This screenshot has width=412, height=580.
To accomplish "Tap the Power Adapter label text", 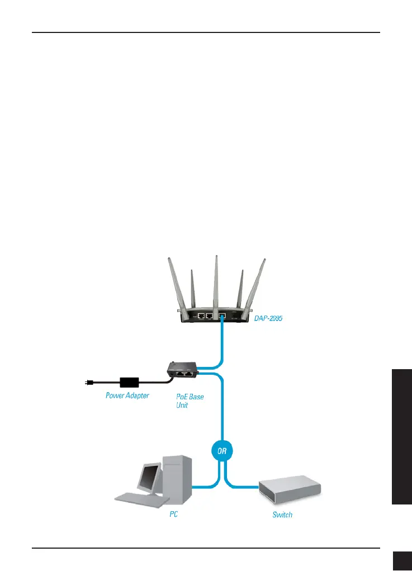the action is (x=127, y=395).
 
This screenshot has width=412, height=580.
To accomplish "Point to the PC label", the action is (x=174, y=514).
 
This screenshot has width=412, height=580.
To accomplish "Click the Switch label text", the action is (x=282, y=514).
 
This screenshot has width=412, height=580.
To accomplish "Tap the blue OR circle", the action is (x=223, y=451).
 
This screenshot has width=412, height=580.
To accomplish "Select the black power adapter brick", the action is (x=130, y=383).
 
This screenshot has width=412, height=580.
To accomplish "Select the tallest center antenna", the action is (x=216, y=280).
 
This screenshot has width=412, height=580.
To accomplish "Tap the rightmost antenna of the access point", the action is (x=258, y=285).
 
